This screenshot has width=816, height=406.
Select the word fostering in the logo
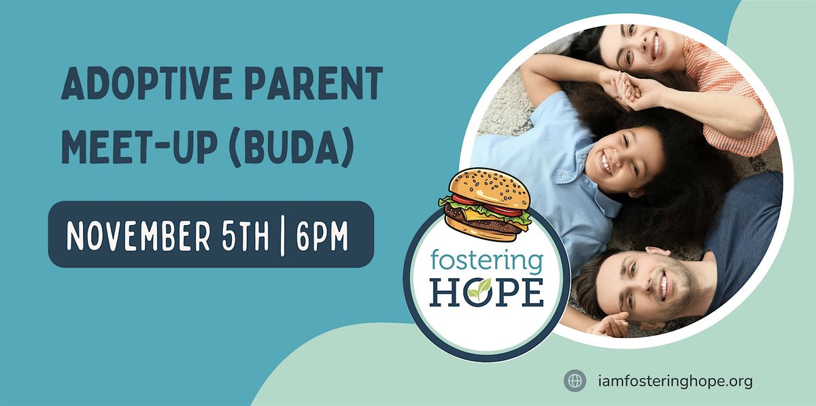click(x=486, y=260)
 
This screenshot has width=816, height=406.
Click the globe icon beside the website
click(x=575, y=381)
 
